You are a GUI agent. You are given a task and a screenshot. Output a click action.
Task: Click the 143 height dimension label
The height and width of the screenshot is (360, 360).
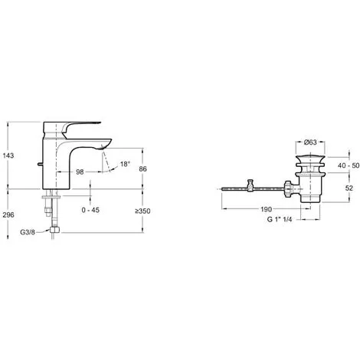pos(8,155)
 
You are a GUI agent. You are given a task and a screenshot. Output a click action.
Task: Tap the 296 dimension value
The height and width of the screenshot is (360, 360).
pos(8,215)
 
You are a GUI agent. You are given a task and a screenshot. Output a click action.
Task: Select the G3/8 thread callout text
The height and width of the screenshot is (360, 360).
pos(28,232)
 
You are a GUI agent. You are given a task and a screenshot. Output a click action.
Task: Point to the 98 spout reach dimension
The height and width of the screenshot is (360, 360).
pos(80,172)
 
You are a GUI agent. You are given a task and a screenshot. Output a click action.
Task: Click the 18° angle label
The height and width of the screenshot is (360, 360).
pos(125,164)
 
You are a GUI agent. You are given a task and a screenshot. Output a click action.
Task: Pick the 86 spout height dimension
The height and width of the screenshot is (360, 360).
pos(143,169)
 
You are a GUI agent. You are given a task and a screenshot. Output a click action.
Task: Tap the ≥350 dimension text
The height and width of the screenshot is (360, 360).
pos(142,211)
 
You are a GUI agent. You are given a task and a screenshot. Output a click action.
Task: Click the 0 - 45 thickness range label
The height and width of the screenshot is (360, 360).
pos(90,210)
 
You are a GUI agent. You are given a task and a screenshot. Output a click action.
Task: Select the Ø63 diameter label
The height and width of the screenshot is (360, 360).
pos(310,142)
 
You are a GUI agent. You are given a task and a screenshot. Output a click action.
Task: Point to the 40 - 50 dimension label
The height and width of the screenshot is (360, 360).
pos(349,165)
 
